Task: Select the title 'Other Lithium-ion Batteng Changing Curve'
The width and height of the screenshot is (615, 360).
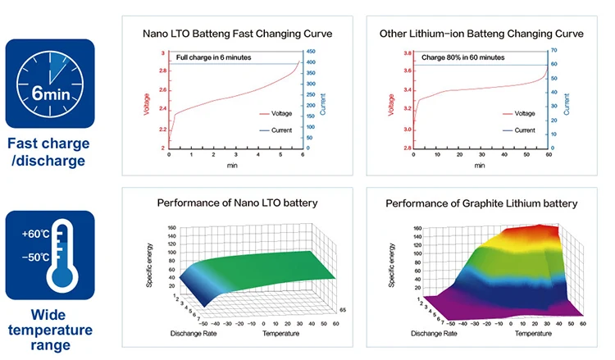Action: click(481, 34)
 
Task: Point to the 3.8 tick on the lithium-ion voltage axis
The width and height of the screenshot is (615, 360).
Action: click(408, 53)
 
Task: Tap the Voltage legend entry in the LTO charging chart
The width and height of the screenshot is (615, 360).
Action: click(275, 115)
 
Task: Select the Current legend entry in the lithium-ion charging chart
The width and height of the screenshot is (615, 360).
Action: click(524, 130)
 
